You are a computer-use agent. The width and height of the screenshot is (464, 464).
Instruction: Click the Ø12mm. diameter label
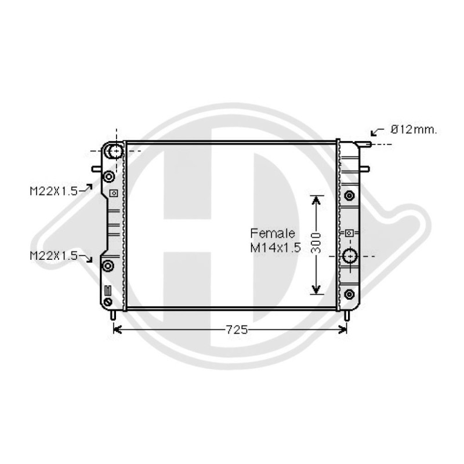(414, 129)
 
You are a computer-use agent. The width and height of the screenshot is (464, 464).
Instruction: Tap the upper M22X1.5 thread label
(53, 191)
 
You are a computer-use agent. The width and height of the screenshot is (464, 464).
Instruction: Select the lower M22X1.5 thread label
(53, 256)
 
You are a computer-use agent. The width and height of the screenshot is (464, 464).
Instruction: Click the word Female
(273, 234)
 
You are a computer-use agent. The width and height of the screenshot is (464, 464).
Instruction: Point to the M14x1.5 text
(275, 248)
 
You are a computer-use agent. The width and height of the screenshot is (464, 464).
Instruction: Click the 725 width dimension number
(237, 329)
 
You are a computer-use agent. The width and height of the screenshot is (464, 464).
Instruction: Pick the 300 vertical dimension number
(316, 243)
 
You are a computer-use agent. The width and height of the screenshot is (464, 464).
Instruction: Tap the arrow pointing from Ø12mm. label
(378, 132)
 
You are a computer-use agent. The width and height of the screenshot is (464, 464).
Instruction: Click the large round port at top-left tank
(115, 151)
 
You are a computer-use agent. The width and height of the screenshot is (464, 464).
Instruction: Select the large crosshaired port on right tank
(350, 256)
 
